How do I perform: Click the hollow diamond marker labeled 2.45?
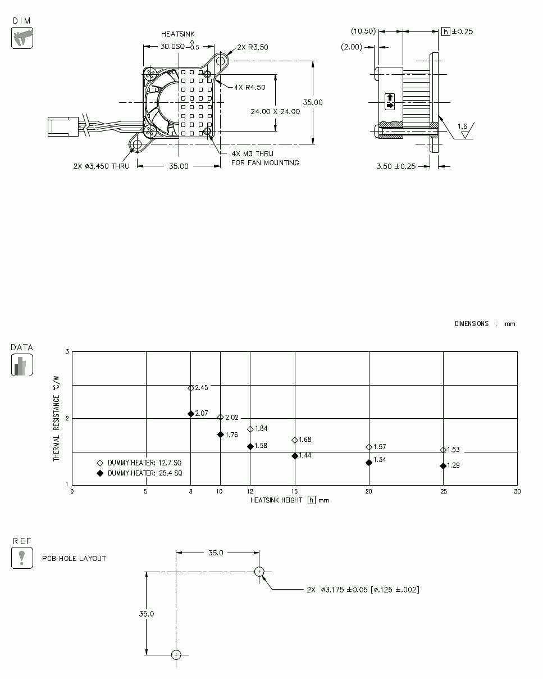tap(191, 388)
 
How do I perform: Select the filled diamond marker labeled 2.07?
tap(191, 414)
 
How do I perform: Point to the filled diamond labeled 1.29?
tap(443, 466)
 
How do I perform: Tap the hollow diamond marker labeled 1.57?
tap(369, 447)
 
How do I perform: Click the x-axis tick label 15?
tap(294, 491)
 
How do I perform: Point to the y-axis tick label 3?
tap(67, 352)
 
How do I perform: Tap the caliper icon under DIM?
tap(22, 38)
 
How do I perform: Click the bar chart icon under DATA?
tap(22, 365)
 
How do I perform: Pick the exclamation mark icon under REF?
tap(22, 558)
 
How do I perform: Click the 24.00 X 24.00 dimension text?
tap(275, 111)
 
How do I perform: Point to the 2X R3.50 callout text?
tap(252, 47)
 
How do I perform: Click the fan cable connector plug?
tap(62, 126)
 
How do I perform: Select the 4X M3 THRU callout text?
tap(252, 153)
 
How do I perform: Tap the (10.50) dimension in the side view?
tap(363, 31)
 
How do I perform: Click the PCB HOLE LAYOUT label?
tap(74, 559)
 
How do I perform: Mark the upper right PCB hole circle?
tap(259, 572)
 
